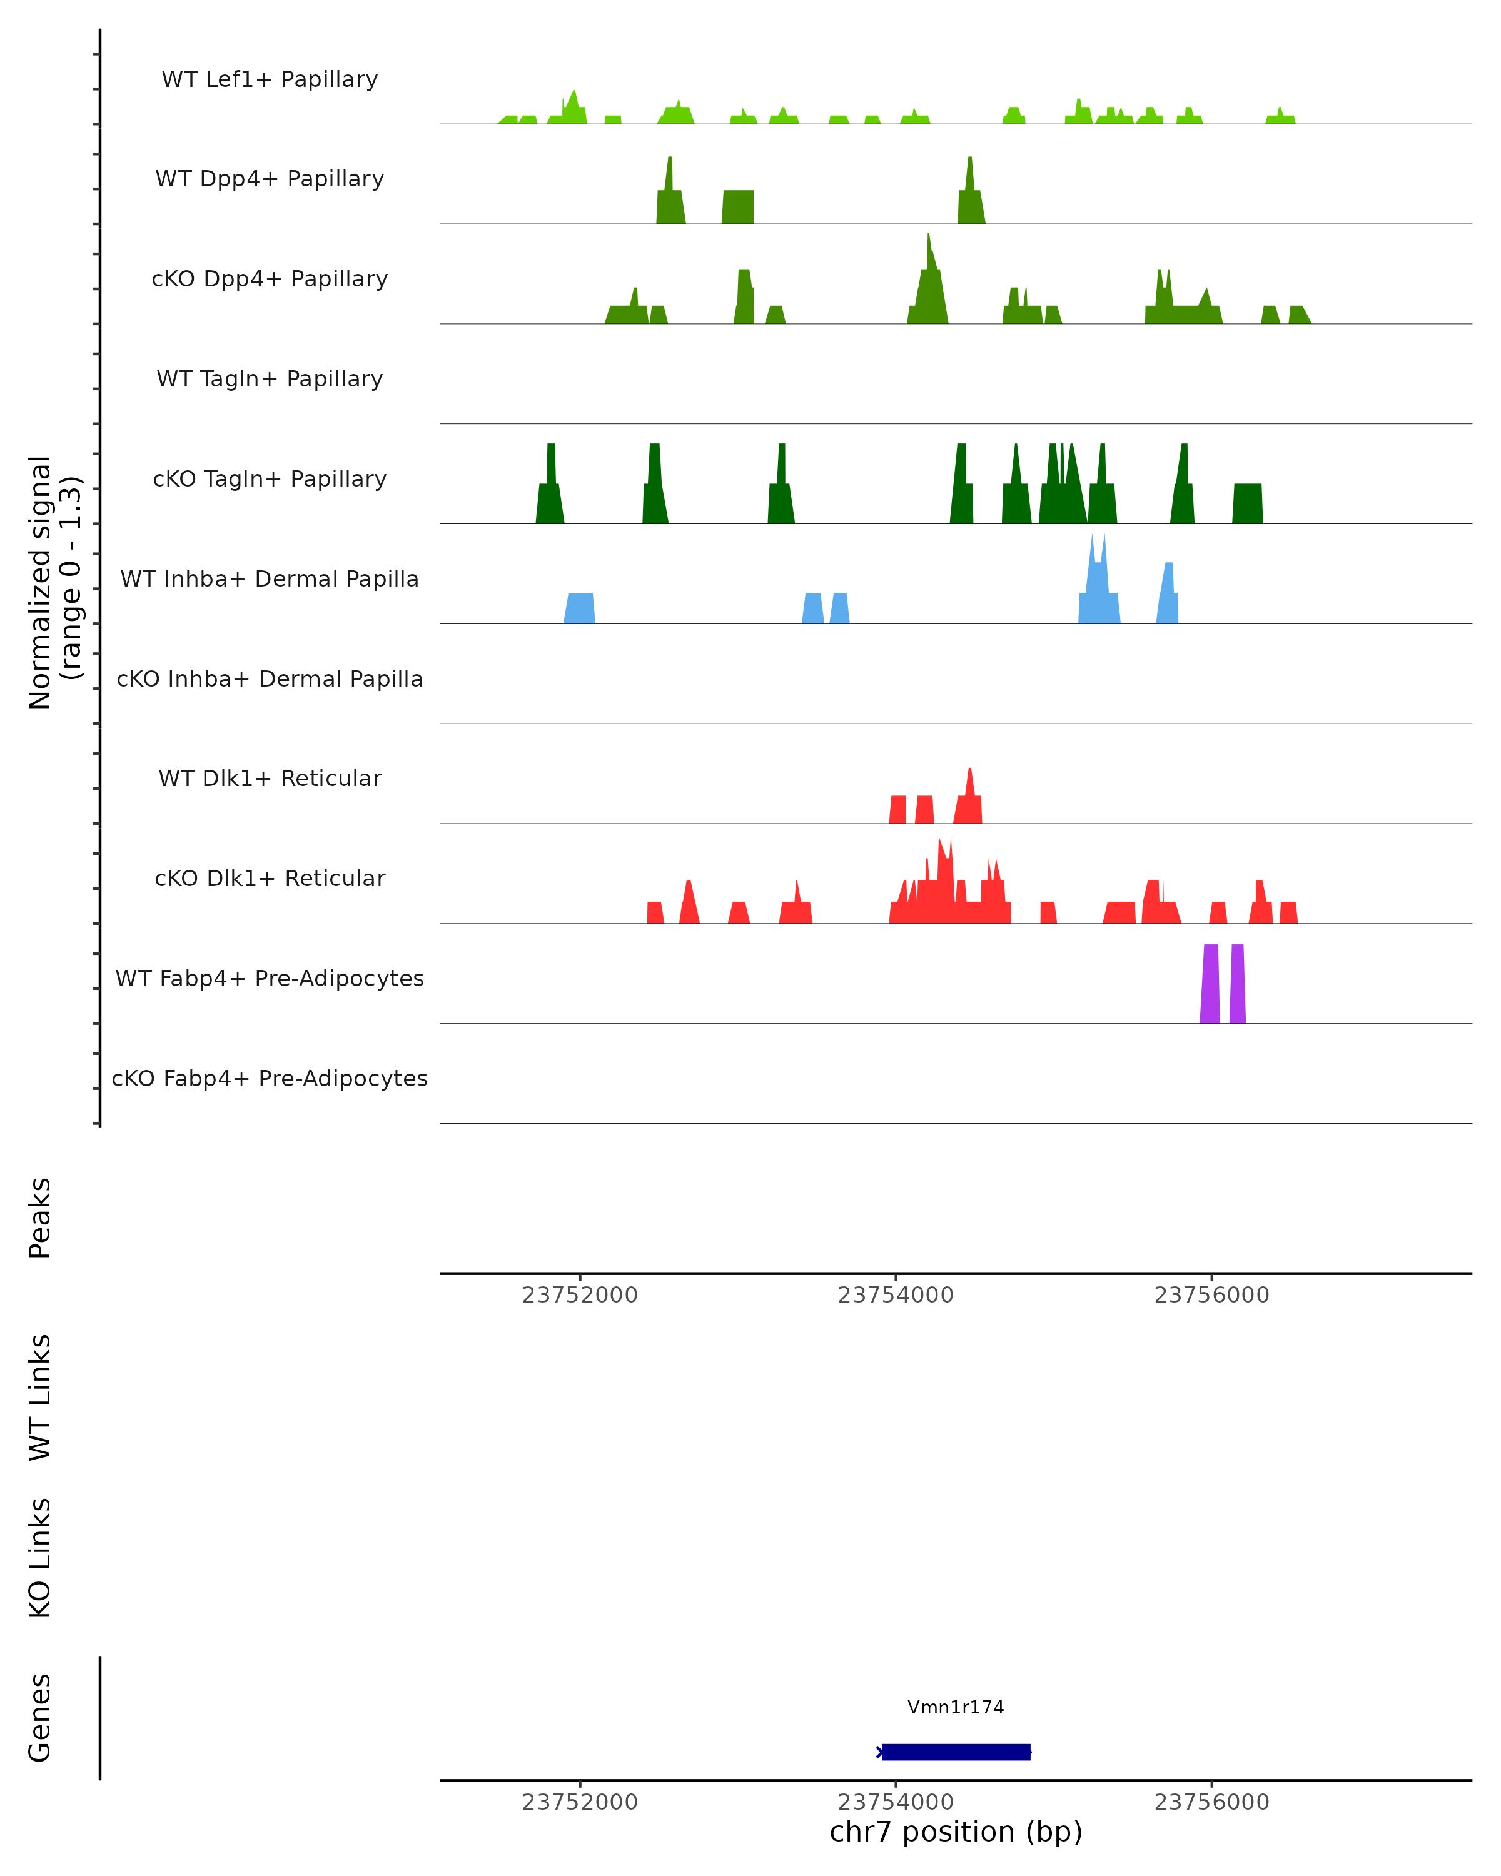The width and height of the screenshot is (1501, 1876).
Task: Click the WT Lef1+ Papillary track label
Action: [x=270, y=79]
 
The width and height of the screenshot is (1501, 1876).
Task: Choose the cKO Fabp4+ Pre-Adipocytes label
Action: [x=270, y=1078]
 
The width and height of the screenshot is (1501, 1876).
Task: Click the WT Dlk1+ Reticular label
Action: [x=270, y=778]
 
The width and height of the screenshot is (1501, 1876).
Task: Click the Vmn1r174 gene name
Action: [x=956, y=1707]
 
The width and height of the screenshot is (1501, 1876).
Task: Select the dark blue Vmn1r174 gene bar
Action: [x=956, y=1752]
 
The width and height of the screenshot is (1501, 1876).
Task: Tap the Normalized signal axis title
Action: [x=54, y=582]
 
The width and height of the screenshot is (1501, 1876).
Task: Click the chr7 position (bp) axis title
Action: [x=956, y=1832]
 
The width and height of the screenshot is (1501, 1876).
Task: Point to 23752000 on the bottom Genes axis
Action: [x=580, y=1802]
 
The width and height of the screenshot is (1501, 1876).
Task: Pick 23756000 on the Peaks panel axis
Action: [x=1211, y=1295]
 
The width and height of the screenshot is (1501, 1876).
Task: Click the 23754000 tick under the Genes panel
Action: [x=896, y=1802]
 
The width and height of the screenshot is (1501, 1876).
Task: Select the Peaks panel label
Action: [x=40, y=1218]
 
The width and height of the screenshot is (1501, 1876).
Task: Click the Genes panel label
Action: [x=40, y=1718]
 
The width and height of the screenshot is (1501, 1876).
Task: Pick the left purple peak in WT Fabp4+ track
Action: [x=1210, y=983]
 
